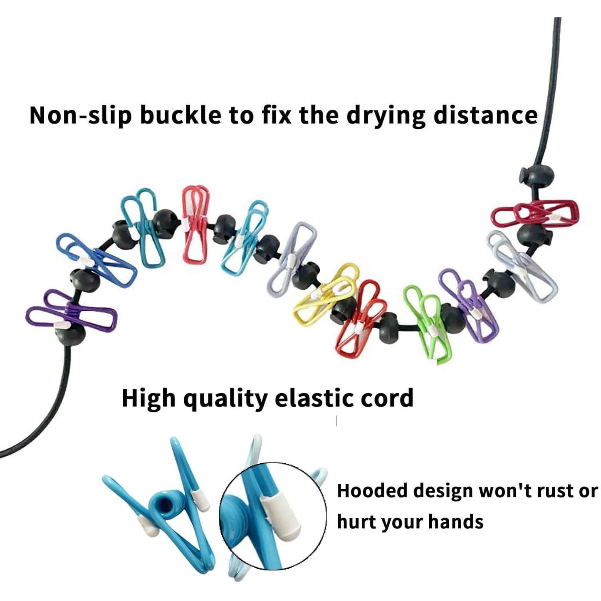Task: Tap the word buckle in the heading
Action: click(180, 116)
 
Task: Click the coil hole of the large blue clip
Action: click(167, 505)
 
